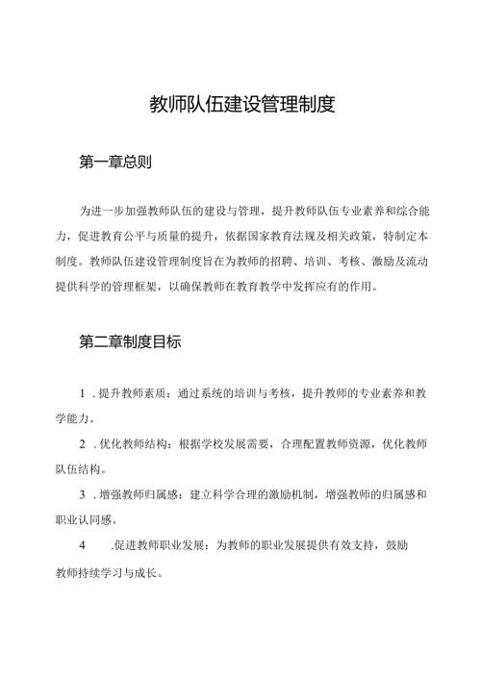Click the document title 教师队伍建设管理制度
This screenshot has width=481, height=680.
coord(241,104)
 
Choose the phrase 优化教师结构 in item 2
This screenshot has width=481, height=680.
coord(132,446)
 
